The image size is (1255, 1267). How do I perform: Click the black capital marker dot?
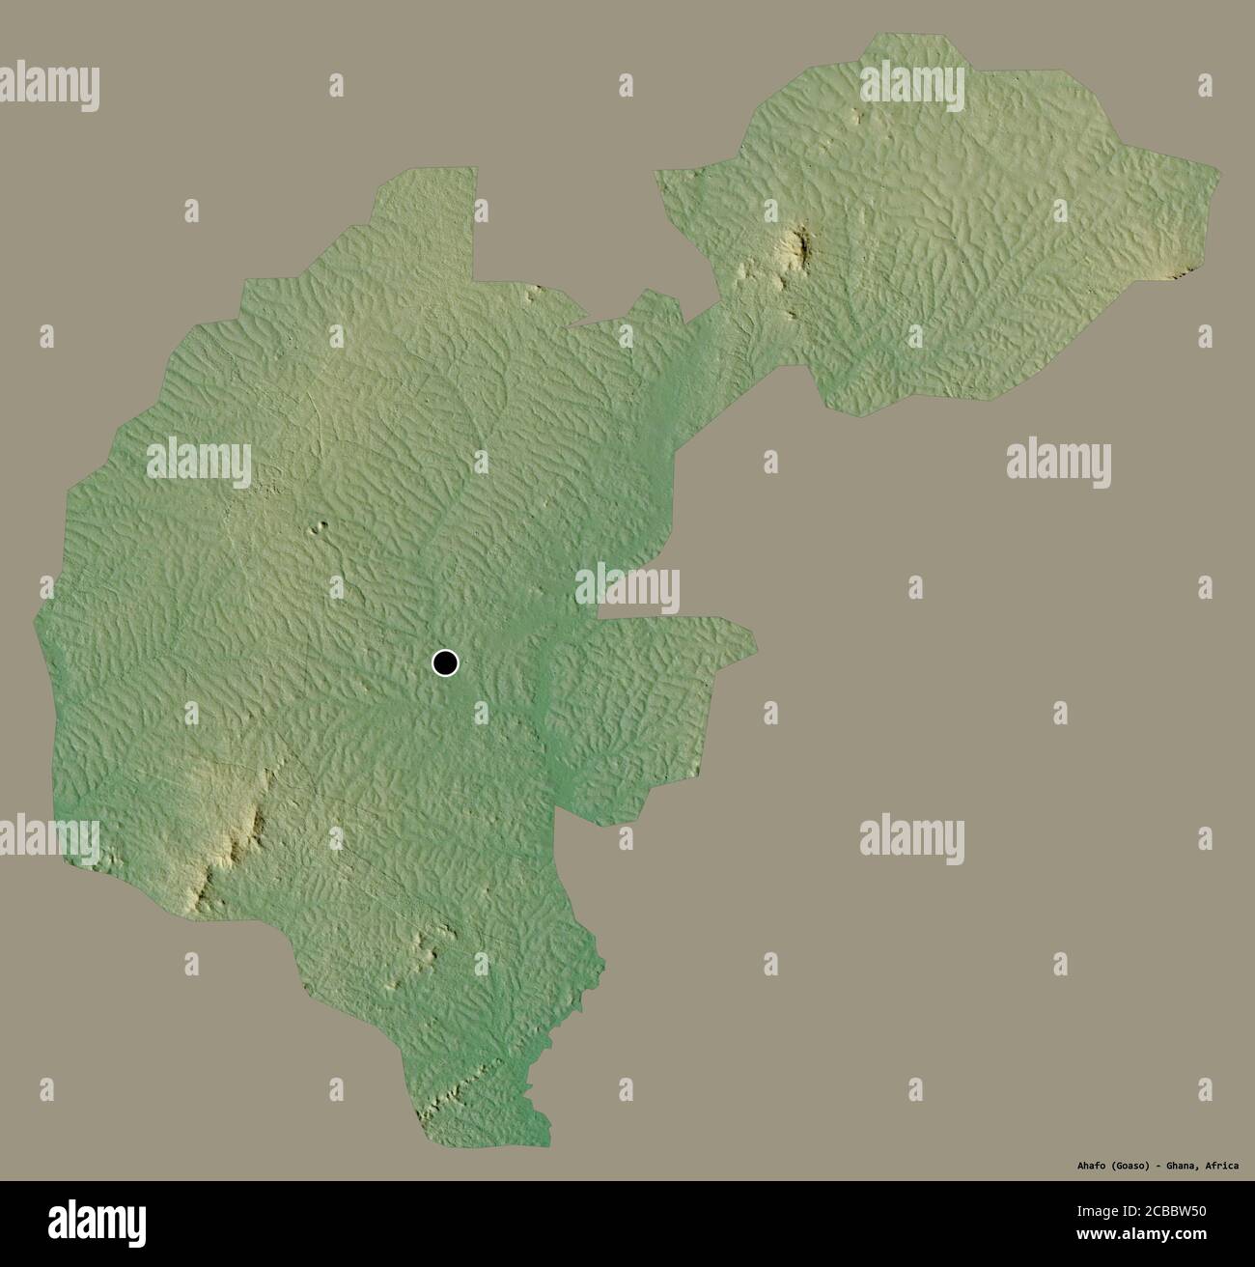point(445,663)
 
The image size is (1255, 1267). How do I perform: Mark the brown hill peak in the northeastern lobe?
point(798,246)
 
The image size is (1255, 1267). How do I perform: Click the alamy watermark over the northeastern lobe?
point(911,86)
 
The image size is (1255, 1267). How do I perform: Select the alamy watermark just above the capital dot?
point(627,589)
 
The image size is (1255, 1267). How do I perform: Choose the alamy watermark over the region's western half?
point(199,463)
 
